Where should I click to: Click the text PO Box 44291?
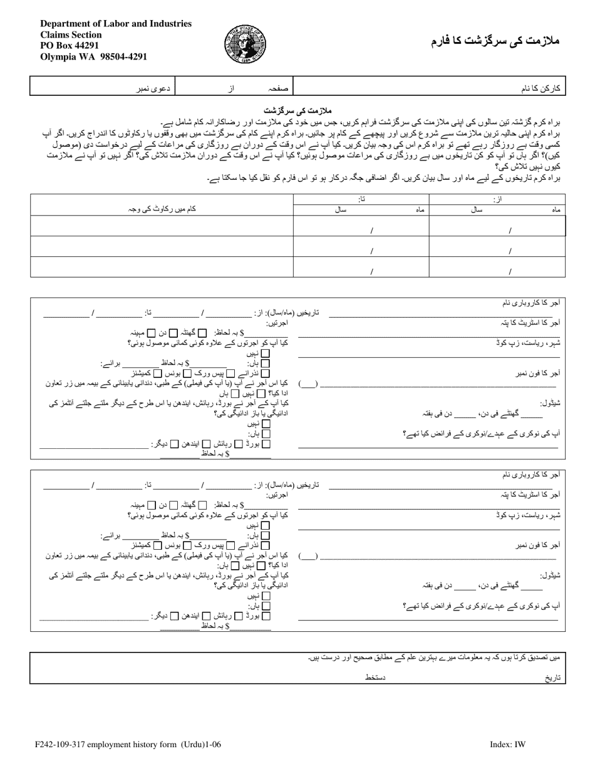coord(70,45)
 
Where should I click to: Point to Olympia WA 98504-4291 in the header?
coord(94,56)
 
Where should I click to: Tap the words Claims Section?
coord(71,34)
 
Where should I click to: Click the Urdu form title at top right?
coord(495,41)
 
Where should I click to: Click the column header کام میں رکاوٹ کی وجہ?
coord(162,209)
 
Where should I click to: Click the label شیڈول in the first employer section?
coord(549,404)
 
